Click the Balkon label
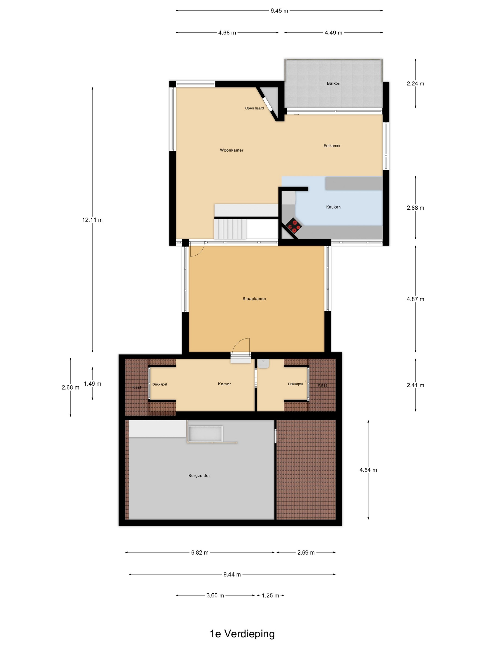333,84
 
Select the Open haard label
254,108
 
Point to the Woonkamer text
231,150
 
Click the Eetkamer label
332,146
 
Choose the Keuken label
333,207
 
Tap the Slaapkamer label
254,299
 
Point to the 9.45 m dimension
279,11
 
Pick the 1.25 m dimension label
270,595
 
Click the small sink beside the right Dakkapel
263,364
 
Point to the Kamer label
224,384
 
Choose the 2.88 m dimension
415,208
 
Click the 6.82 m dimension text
200,552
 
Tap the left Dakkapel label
160,384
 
